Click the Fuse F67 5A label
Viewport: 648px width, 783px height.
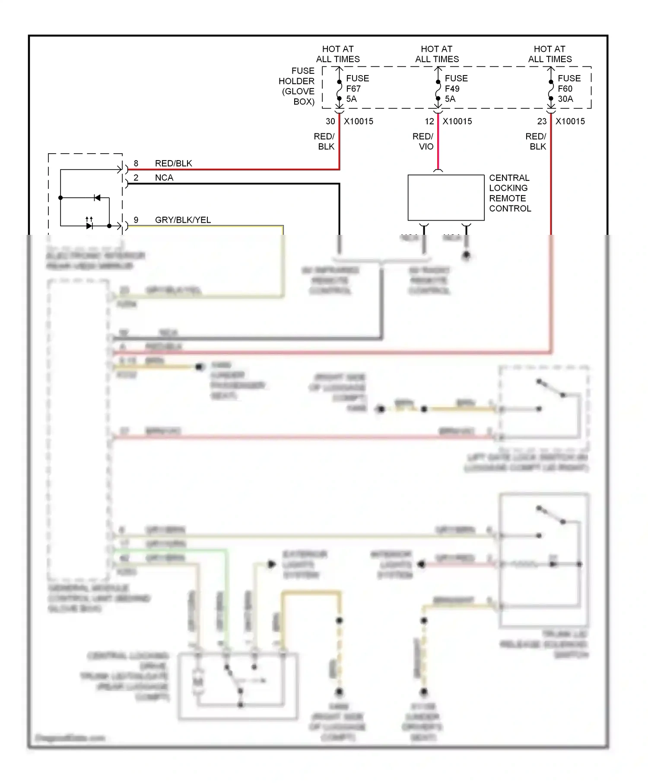[357, 88]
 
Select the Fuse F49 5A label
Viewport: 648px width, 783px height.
[456, 88]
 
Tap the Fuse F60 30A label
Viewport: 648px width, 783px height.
[569, 88]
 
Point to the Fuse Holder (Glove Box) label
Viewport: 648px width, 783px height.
[297, 86]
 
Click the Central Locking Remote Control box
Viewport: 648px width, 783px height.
[446, 198]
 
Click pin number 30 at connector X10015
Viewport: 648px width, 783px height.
[330, 122]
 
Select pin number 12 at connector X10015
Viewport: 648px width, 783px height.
[429, 122]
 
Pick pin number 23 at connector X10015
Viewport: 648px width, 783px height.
[542, 122]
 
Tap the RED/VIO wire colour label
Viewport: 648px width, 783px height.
[423, 142]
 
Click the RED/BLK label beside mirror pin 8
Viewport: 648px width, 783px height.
[173, 164]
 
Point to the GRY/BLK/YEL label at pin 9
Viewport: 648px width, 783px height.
[183, 220]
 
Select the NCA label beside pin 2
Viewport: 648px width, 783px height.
[164, 178]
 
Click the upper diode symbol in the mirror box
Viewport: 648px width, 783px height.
[97, 198]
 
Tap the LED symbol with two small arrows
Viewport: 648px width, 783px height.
[89, 225]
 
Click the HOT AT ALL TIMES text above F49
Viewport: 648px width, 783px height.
[437, 54]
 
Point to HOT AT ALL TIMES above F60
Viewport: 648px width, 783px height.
[550, 54]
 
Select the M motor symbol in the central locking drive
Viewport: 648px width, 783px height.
[198, 682]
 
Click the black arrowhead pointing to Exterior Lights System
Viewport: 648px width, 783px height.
[272, 564]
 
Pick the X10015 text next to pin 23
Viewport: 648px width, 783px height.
[570, 122]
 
